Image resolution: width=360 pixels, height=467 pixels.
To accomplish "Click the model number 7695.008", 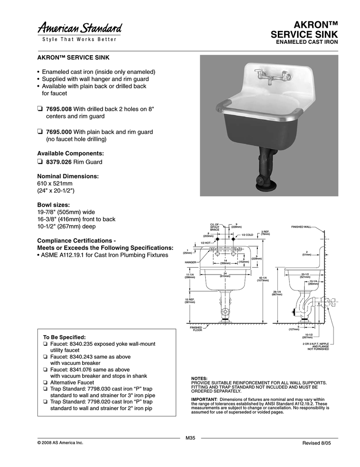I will (x=59, y=109).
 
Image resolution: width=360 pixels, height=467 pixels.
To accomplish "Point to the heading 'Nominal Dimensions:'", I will (x=68, y=176).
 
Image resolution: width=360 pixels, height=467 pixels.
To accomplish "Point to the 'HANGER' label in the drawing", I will (x=190, y=263).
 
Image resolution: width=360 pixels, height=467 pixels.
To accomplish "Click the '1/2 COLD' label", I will (x=247, y=234).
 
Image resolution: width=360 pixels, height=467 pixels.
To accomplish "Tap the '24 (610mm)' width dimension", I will (x=225, y=275).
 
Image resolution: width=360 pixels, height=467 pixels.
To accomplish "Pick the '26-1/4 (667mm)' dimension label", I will (x=277, y=293).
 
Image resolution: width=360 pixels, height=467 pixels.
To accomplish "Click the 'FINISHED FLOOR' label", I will (x=196, y=328).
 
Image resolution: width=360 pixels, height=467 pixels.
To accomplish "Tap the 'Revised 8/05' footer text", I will (x=316, y=443).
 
